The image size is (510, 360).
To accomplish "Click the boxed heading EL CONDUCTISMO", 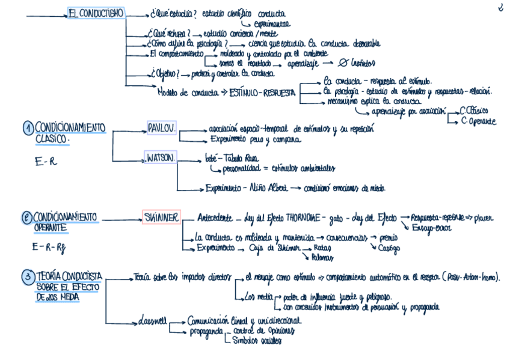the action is coord(96,13).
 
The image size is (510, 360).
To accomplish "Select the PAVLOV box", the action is coord(161,127).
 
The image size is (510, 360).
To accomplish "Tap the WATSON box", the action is coord(161,158).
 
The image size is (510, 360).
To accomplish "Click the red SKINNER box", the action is coord(161,216).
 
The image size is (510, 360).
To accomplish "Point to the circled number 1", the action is coord(28,128).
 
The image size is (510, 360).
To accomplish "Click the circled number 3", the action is coord(28,276).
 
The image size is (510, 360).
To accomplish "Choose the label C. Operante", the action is coord(478,121).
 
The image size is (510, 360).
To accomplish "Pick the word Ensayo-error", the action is coord(435,228).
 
